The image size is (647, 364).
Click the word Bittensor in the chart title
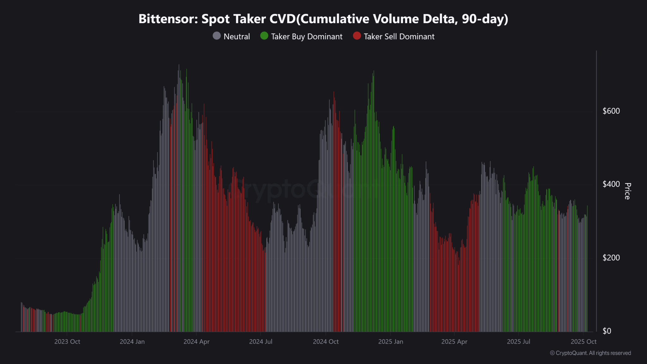(168, 19)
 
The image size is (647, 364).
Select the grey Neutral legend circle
(217, 36)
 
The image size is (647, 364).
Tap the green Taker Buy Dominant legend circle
(264, 36)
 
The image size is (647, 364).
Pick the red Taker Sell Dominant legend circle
(357, 36)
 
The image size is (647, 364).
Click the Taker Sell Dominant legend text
(399, 37)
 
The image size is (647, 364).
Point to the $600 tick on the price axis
(611, 111)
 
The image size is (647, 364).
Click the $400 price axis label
(611, 184)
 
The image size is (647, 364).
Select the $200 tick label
(611, 258)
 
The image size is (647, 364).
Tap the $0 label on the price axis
(607, 331)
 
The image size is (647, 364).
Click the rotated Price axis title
(627, 191)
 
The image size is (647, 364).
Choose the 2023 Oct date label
(67, 342)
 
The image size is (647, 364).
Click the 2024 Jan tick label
(132, 342)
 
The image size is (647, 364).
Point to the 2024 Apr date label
(197, 342)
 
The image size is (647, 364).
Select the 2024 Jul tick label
(261, 342)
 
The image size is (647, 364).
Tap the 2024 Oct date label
(326, 342)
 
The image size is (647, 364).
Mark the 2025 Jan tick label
(390, 342)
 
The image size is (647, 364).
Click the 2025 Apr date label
(454, 342)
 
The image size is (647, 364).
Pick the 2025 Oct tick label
(584, 342)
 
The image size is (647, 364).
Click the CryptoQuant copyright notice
(590, 353)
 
